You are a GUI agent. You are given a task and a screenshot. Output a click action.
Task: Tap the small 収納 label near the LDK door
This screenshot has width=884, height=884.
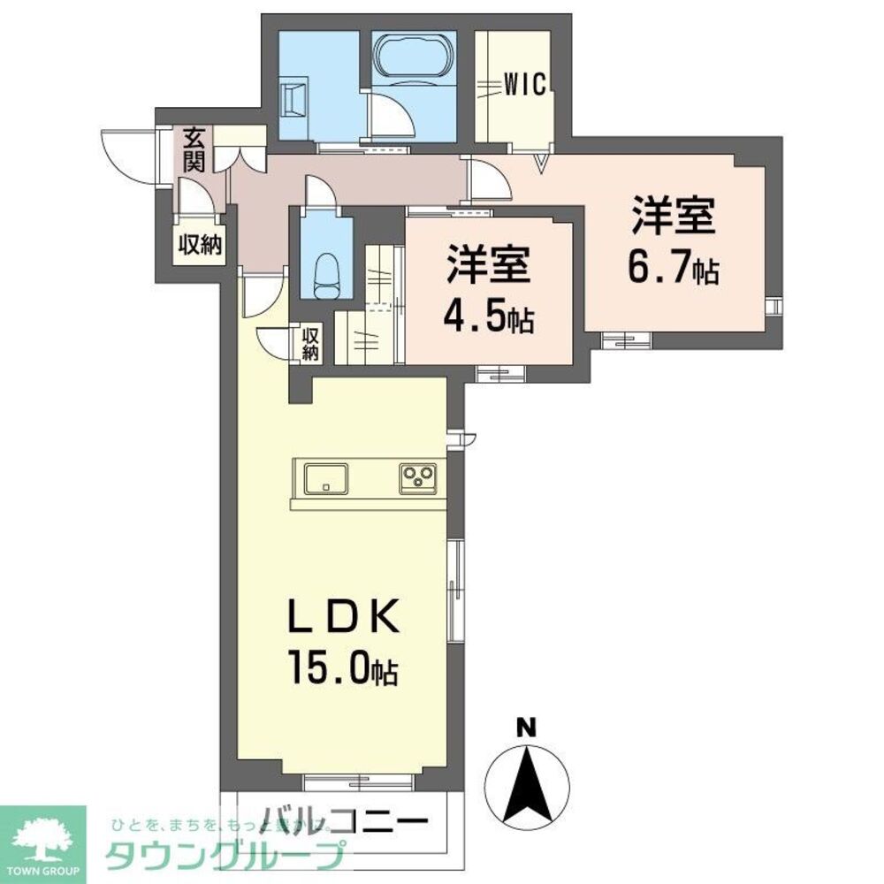pyautogui.click(x=309, y=344)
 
